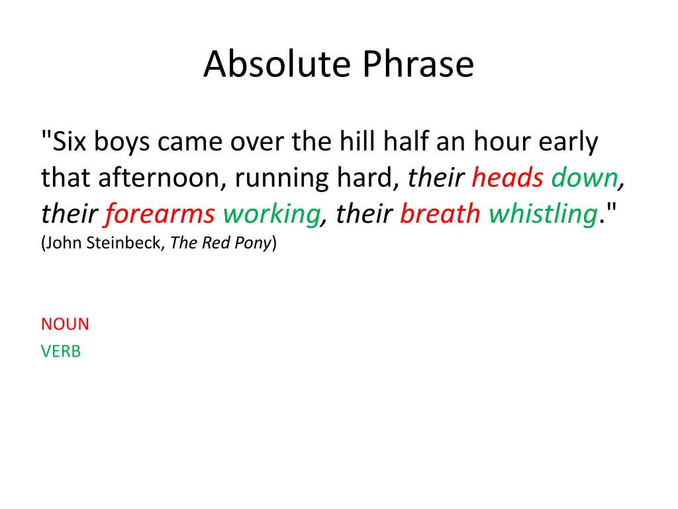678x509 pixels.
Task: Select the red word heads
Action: [x=508, y=178]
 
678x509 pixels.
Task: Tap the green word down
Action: [x=584, y=178]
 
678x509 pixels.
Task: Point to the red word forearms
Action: [x=160, y=213]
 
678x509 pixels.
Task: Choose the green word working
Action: [x=271, y=213]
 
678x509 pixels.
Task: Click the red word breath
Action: [x=440, y=213]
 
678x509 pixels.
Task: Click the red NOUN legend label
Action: [x=65, y=324]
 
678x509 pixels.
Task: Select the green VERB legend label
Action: [x=61, y=351]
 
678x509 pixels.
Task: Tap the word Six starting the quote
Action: [x=70, y=142]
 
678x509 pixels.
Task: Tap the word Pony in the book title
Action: [x=254, y=243]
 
